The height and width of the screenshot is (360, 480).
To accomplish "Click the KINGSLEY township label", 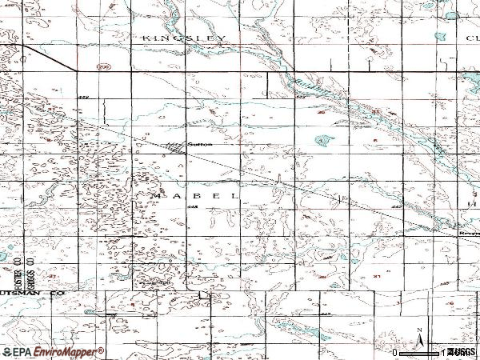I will click(185, 38).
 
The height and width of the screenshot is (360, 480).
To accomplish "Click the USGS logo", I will click(462, 352).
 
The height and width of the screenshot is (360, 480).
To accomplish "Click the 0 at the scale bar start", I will click(394, 352).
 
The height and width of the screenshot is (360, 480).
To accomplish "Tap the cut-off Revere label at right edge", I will click(469, 234).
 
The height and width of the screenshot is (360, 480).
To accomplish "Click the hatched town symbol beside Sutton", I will click(175, 145).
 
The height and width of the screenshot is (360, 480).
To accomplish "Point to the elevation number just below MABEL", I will click(194, 206).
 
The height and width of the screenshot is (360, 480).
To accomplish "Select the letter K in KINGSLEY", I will click(146, 38).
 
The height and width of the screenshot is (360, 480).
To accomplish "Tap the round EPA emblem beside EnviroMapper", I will click(8, 352).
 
